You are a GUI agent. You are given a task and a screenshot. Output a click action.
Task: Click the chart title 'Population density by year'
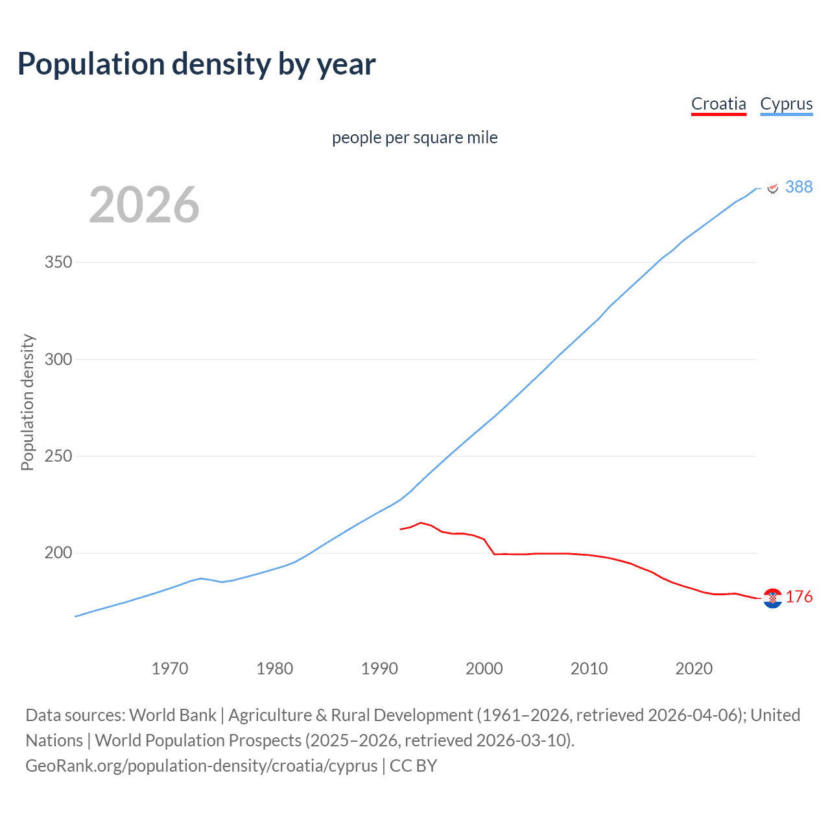196,64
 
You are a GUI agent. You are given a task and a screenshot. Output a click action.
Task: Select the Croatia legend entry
718,104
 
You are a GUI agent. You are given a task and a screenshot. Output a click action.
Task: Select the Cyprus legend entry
786,104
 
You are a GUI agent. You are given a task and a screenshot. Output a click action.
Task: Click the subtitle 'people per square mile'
414,137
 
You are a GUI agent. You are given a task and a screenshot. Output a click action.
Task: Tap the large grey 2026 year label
144,205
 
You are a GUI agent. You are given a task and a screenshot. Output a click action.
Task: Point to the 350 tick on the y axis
58,263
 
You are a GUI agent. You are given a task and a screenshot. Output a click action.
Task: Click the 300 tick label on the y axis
58,359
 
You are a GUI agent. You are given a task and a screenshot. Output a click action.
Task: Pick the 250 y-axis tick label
58,456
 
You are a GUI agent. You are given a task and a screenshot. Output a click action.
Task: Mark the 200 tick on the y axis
58,553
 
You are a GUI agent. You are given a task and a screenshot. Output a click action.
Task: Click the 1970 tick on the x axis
170,669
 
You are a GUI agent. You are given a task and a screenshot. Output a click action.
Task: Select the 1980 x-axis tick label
275,669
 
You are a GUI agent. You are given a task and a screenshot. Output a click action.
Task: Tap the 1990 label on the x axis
379,669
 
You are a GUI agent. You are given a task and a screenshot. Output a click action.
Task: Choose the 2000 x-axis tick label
484,669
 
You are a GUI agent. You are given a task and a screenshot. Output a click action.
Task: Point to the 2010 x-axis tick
589,669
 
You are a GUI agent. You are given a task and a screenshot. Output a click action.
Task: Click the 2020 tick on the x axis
694,669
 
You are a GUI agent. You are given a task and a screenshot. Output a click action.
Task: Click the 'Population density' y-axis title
27,402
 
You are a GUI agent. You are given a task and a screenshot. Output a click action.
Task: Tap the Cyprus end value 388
798,187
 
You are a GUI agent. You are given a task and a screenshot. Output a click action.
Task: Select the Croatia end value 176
799,597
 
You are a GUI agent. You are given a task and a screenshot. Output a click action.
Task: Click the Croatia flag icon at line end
772,598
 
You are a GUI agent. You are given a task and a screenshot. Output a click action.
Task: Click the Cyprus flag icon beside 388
772,188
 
